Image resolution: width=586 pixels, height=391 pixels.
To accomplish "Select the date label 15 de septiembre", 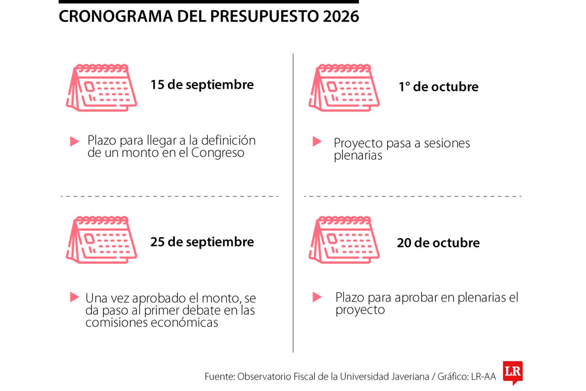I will [202, 85].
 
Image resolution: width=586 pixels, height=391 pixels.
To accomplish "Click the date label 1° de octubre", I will [439, 87].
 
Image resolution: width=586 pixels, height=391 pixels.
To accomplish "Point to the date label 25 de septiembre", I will [202, 242].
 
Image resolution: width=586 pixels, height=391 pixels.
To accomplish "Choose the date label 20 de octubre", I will [438, 243].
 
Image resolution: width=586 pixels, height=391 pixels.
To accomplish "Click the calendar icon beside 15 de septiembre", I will [102, 88].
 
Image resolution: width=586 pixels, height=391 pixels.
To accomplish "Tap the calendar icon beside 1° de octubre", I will [344, 88].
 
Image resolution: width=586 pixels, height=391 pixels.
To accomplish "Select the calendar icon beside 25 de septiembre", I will [102, 240].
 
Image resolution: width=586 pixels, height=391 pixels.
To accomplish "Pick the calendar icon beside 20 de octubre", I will [344, 240].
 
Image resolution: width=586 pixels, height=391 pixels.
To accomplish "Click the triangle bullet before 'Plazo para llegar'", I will [74, 142].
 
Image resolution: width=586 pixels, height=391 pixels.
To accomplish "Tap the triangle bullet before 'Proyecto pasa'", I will [317, 142].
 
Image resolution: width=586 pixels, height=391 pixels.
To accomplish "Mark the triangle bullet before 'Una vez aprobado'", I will [74, 297].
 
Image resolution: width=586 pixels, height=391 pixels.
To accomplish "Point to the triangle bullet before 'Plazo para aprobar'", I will [317, 297].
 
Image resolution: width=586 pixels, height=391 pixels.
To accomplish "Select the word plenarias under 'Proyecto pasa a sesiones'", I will [358, 156].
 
